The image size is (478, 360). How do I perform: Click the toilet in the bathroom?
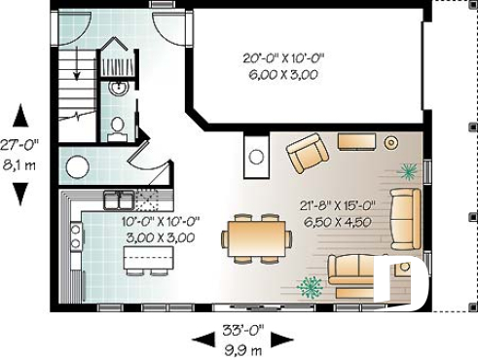tap(118, 126)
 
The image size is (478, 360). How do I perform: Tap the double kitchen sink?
tap(120, 200)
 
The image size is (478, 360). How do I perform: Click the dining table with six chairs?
tap(256, 236)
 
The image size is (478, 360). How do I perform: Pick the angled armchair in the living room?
tap(309, 153)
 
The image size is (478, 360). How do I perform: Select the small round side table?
tap(391, 142)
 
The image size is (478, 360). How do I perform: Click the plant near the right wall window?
tap(407, 172)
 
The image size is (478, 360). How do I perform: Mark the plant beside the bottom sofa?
tap(311, 287)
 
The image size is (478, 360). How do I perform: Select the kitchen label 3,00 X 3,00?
tap(159, 236)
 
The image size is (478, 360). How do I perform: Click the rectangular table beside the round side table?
tap(355, 140)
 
